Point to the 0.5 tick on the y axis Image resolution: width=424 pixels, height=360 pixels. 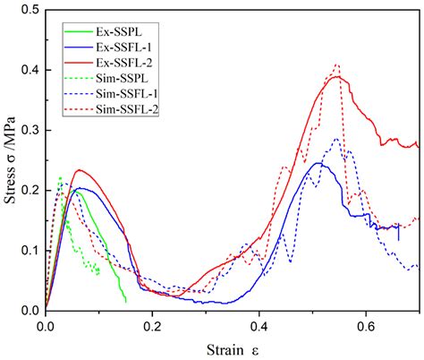[x=30, y=11]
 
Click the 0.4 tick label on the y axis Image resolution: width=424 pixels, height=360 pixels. [x=30, y=71]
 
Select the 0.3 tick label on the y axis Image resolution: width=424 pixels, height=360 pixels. [x=30, y=131]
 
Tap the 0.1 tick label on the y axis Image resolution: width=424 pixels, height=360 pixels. [x=30, y=251]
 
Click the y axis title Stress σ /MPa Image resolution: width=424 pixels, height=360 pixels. [x=11, y=161]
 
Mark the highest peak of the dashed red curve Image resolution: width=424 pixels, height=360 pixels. [x=336, y=64]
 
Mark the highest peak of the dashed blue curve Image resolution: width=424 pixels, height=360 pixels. [x=335, y=139]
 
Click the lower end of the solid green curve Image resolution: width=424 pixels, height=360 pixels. [x=126, y=302]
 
